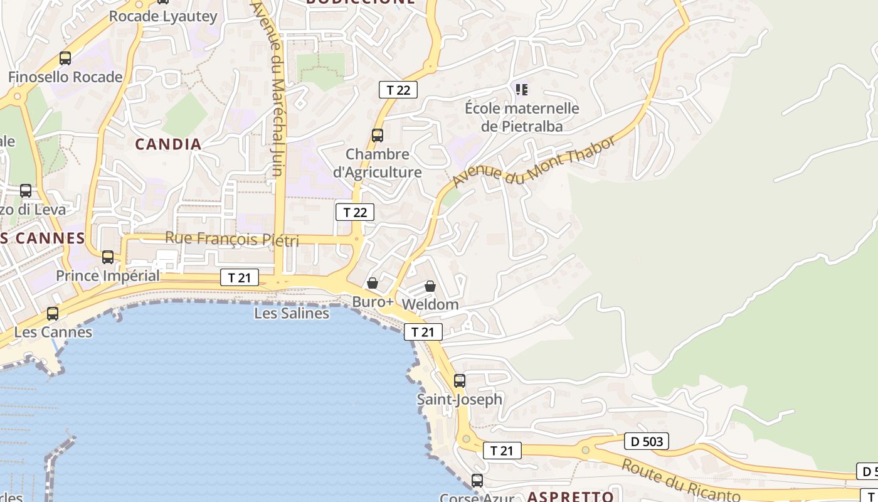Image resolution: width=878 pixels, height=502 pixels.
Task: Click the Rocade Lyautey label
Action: [163, 16]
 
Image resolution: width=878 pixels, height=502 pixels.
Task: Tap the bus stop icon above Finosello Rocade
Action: [65, 58]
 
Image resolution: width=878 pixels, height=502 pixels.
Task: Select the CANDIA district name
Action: [169, 144]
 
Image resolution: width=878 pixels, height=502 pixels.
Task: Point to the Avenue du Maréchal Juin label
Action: [274, 88]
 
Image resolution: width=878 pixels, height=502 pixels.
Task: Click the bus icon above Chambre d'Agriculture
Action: [377, 135]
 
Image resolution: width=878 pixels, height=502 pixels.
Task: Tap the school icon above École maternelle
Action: [522, 90]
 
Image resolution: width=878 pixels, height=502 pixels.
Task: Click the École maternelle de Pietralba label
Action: [522, 117]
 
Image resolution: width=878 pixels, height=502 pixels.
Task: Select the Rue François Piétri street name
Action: [232, 239]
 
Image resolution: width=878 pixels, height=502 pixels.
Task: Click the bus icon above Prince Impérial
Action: [108, 257]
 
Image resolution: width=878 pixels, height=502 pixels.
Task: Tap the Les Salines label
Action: [292, 312]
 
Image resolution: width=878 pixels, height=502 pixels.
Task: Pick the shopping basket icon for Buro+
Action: [373, 283]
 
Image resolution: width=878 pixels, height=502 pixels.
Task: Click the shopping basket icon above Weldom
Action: [430, 286]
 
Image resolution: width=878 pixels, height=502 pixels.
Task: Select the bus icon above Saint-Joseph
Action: [460, 380]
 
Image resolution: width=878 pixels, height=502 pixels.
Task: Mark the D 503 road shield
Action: [647, 442]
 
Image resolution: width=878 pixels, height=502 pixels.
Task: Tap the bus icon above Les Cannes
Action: [53, 313]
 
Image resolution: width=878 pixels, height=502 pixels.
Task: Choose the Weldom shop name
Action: [430, 304]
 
